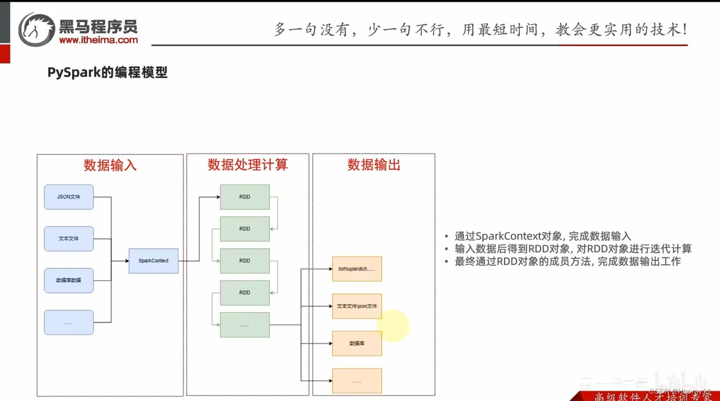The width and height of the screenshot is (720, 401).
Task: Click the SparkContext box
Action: click(x=154, y=261)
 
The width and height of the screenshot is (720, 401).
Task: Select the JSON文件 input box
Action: click(x=69, y=197)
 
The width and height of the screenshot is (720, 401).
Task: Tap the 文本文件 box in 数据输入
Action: click(x=69, y=238)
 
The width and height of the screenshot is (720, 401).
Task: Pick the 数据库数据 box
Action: click(x=69, y=280)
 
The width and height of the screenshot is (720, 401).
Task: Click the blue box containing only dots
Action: click(x=69, y=322)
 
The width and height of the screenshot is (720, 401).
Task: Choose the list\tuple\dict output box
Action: click(x=357, y=269)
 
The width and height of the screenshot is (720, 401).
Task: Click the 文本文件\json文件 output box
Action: click(x=357, y=307)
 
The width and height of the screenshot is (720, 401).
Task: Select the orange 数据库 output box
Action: click(x=357, y=343)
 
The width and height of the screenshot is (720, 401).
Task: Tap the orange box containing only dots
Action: click(x=357, y=381)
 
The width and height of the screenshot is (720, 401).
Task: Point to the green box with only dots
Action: click(x=245, y=325)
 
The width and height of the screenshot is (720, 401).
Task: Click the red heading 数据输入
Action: click(x=110, y=165)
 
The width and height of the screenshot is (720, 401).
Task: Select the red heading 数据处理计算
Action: click(x=247, y=165)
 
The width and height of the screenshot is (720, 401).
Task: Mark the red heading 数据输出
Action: click(x=373, y=165)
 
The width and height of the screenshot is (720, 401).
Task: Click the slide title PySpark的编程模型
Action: click(x=107, y=73)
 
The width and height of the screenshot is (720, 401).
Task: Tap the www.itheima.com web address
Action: click(x=98, y=40)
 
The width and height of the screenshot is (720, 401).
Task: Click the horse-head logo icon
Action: click(x=37, y=29)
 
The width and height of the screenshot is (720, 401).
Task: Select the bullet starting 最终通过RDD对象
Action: click(x=567, y=262)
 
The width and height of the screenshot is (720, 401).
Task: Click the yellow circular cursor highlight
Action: click(x=393, y=326)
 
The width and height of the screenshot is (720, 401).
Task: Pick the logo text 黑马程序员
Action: click(x=98, y=26)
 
